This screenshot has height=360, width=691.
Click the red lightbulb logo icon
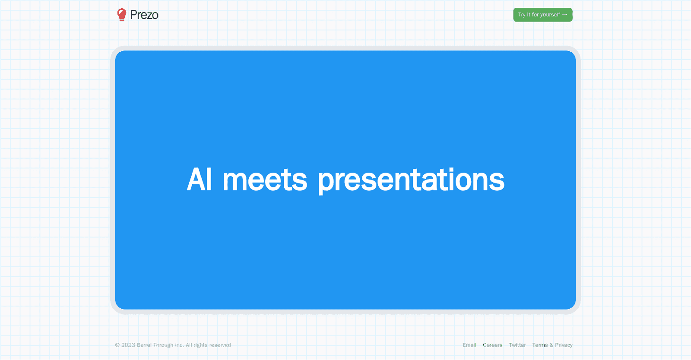(122, 15)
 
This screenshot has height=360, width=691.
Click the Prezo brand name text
(144, 15)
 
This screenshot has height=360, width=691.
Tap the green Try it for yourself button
(542, 15)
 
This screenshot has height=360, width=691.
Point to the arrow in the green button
(565, 15)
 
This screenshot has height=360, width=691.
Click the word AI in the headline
(199, 180)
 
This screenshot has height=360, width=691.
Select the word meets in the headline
(265, 180)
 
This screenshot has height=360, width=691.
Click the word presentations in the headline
(411, 180)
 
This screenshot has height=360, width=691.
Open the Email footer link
(469, 345)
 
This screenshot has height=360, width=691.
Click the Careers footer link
(492, 345)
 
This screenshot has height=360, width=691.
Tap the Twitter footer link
(517, 345)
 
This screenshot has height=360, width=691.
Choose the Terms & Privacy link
(552, 345)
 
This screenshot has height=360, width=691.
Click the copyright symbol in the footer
(117, 345)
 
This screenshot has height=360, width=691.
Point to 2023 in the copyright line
(128, 345)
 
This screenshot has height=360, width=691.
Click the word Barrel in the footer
(144, 345)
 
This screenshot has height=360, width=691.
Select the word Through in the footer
(163, 345)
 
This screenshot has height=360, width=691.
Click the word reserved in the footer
(220, 345)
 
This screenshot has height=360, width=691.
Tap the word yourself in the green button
(550, 15)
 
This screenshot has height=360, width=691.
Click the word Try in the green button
(522, 15)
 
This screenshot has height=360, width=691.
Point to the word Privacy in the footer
(564, 345)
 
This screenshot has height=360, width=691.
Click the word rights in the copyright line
(200, 345)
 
